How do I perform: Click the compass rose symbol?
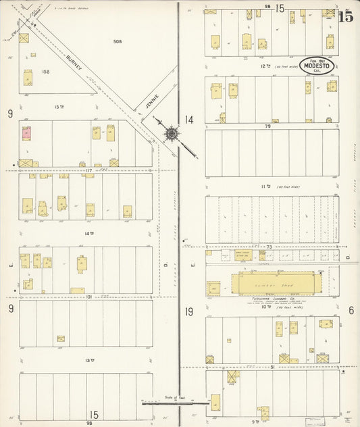[171, 134]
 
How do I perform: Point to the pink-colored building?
[27, 133]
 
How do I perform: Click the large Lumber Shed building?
[273, 283]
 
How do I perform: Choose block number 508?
[118, 42]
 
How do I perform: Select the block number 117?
[88, 170]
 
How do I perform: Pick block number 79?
[267, 126]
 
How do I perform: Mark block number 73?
[269, 247]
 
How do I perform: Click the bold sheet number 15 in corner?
[345, 17]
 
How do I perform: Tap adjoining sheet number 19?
[189, 311]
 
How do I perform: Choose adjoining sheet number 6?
[351, 310]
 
